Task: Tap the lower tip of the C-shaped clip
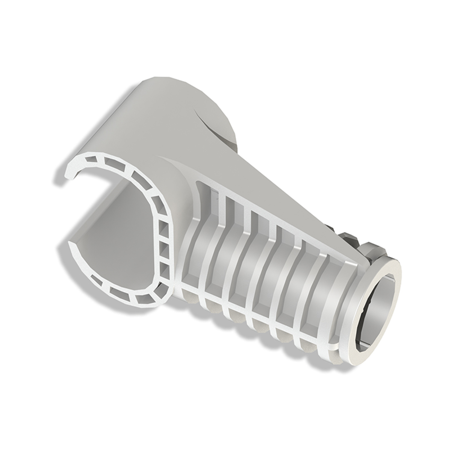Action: (x=73, y=245)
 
